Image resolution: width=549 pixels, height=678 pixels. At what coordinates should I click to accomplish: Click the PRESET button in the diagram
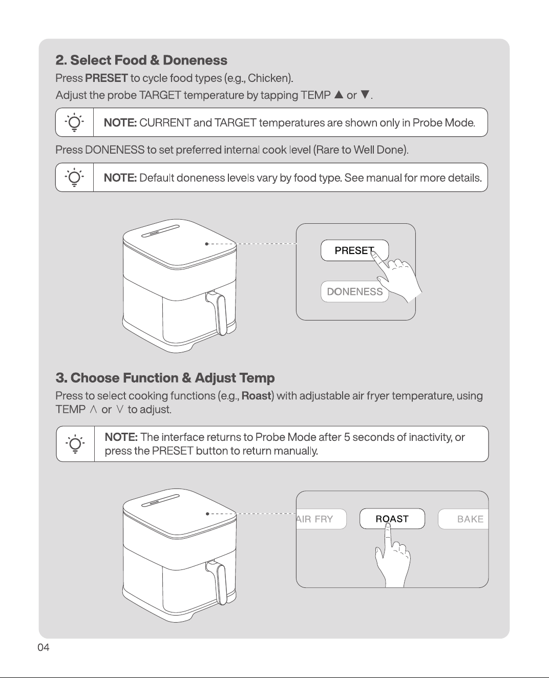pos(354,250)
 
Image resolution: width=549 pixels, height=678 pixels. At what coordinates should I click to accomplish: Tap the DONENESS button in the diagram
pos(354,291)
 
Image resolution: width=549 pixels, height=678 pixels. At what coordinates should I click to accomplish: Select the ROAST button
pos(392,519)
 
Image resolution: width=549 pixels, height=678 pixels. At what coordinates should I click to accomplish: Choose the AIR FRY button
pos(321,519)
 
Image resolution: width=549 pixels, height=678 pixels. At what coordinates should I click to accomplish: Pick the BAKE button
pos(463,519)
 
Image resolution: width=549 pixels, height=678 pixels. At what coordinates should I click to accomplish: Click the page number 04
pos(44,647)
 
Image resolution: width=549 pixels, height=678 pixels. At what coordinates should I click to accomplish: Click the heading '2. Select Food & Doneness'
pos(141,60)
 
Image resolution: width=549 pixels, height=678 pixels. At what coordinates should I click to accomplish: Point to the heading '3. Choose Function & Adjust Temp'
pos(165,378)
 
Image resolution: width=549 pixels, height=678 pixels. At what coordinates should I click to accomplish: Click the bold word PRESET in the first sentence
pos(107,78)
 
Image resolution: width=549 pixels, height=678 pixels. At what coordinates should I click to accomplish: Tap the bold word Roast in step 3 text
pos(256,396)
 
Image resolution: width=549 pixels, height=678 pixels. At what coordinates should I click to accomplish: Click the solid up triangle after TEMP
pos(339,95)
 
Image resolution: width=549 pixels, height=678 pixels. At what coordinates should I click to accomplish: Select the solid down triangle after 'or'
pos(365,95)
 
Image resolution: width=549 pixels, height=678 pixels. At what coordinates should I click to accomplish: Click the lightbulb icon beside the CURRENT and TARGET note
pos(74,122)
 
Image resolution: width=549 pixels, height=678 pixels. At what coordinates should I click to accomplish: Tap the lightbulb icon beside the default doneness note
pos(74,177)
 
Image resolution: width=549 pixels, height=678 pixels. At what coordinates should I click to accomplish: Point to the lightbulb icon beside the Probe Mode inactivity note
pos(75,444)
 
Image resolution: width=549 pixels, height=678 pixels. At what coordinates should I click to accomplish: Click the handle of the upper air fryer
pos(217,313)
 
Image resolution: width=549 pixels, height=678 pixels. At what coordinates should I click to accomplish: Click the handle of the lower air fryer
pos(217,583)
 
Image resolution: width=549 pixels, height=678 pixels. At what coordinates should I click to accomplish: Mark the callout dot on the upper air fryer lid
pos(206,244)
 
